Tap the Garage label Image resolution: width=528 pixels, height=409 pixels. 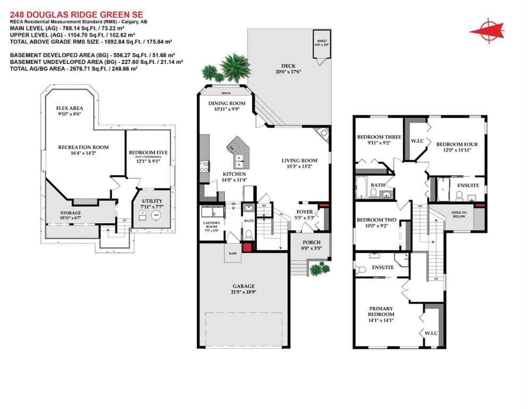pyautogui.click(x=242, y=288)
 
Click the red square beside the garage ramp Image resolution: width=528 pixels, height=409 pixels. pyautogui.click(x=247, y=247)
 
